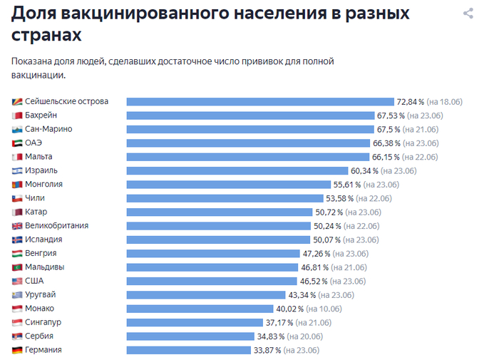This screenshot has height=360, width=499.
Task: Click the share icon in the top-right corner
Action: (x=468, y=14)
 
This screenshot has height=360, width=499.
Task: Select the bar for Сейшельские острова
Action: (x=260, y=101)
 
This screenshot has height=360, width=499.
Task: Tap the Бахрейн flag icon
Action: (x=17, y=115)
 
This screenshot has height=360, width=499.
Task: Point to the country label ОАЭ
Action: (x=34, y=143)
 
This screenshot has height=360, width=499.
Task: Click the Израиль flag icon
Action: (x=17, y=170)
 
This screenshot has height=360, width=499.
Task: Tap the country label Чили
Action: (x=34, y=198)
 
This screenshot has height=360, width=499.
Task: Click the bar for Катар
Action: (x=220, y=212)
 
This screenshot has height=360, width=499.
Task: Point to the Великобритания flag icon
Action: (x=17, y=226)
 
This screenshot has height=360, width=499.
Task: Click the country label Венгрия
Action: (x=41, y=253)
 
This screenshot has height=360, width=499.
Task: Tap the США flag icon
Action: (x=17, y=281)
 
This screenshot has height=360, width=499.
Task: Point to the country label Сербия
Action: (x=39, y=336)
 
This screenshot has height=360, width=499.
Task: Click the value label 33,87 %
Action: (x=267, y=350)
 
